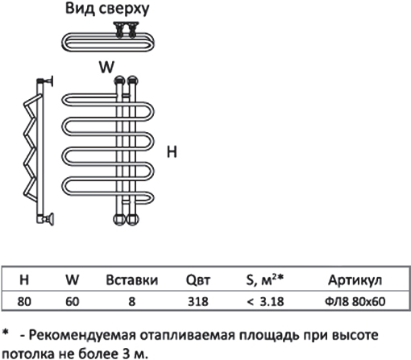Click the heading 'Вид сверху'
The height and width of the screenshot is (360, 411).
(x=107, y=9)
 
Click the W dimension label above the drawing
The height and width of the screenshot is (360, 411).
(x=106, y=67)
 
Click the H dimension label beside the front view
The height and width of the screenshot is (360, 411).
(x=172, y=151)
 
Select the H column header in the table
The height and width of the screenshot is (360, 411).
(x=24, y=279)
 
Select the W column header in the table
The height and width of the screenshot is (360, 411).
(x=73, y=279)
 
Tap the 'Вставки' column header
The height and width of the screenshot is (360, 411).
(x=131, y=279)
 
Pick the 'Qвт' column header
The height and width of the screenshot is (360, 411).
(x=198, y=280)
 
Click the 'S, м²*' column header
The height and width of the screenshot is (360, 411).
(x=265, y=280)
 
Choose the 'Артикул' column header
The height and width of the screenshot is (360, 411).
(x=355, y=280)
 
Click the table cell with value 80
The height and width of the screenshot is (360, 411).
(x=24, y=301)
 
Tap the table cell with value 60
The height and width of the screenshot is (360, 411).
(x=73, y=301)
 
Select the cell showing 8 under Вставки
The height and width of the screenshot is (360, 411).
(x=131, y=301)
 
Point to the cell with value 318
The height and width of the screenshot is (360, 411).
(x=198, y=301)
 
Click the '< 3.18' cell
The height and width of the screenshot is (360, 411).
(x=265, y=301)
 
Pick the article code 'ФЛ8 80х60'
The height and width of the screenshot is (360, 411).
(x=355, y=301)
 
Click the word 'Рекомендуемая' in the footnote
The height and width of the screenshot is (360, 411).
(x=82, y=335)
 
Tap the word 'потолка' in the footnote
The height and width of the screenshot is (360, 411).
(x=19, y=354)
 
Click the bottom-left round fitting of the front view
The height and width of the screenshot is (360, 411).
(x=119, y=219)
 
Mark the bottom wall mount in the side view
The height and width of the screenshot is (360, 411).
(x=49, y=219)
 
